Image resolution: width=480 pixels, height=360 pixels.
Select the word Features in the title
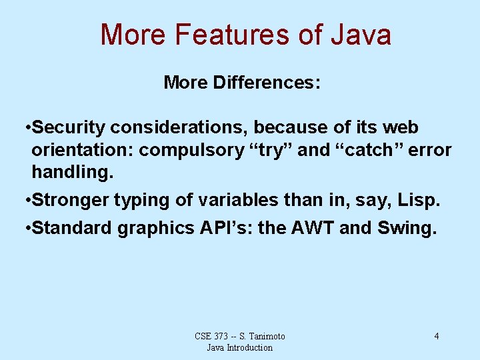[229, 35]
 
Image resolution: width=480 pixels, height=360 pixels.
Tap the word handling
[73, 172]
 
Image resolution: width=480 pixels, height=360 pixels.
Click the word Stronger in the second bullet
[71, 199]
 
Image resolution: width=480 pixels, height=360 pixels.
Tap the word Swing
[406, 228]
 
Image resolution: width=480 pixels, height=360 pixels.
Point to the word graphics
[155, 228]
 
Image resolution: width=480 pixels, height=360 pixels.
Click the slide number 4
[437, 336]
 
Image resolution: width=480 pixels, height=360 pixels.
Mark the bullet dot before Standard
[26, 229]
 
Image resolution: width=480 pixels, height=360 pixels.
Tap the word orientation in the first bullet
[82, 150]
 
